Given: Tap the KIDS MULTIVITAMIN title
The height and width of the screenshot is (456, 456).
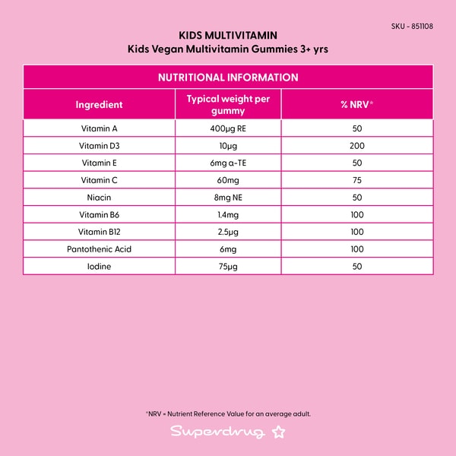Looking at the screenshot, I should [x=228, y=35].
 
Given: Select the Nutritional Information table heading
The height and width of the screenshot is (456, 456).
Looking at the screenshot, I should [x=228, y=78].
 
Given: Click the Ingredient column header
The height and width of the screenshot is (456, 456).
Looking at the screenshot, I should [x=99, y=105].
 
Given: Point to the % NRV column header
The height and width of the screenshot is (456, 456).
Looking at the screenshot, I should [x=356, y=105].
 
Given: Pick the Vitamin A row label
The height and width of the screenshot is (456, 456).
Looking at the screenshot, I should [x=99, y=128].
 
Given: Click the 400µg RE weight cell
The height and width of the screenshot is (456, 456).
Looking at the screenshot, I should [x=228, y=128].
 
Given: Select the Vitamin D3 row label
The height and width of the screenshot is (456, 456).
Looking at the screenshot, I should [x=99, y=146].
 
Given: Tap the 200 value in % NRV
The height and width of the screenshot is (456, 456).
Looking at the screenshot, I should [x=356, y=146].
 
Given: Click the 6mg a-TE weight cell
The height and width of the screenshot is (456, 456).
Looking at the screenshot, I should [x=228, y=163].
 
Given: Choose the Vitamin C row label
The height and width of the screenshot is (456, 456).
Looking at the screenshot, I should [x=99, y=180].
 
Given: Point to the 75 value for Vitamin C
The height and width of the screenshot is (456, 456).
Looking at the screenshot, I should [x=356, y=180].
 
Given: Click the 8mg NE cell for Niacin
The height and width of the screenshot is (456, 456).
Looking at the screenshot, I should [x=228, y=198].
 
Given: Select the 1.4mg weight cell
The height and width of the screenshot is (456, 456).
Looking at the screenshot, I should [x=228, y=215].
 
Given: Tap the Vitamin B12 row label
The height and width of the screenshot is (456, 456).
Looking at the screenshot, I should [x=99, y=232].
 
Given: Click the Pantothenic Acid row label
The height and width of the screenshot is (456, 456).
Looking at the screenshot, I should [x=99, y=249].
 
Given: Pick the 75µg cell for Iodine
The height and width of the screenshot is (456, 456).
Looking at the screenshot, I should [x=228, y=266].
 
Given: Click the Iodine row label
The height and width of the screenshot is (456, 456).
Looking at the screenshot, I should [x=99, y=266].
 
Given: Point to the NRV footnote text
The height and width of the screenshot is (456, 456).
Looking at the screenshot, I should [x=228, y=414].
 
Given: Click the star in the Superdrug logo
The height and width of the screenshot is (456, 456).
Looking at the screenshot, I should [x=278, y=432].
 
